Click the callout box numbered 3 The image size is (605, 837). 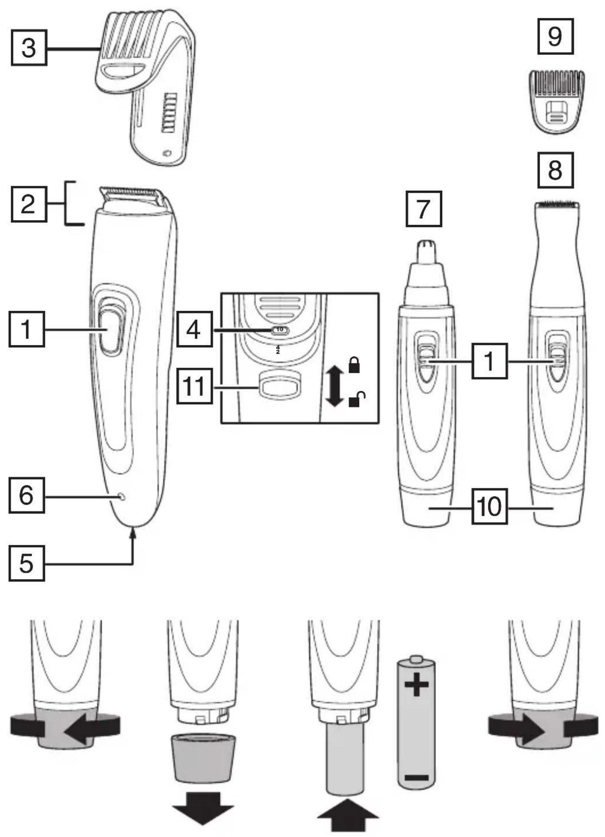(x=29, y=47)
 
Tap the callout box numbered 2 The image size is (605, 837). (x=29, y=204)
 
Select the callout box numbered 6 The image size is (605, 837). (x=27, y=495)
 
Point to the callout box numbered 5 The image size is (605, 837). (x=27, y=563)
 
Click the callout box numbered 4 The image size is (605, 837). (x=195, y=329)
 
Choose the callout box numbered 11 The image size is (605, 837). (x=195, y=386)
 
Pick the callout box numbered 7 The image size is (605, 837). (x=423, y=209)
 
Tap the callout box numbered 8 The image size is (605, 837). (x=555, y=170)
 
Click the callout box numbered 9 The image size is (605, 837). (x=555, y=36)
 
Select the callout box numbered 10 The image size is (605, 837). (x=490, y=506)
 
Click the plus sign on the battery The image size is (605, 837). (x=417, y=684)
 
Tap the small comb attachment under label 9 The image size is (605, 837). (x=556, y=102)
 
